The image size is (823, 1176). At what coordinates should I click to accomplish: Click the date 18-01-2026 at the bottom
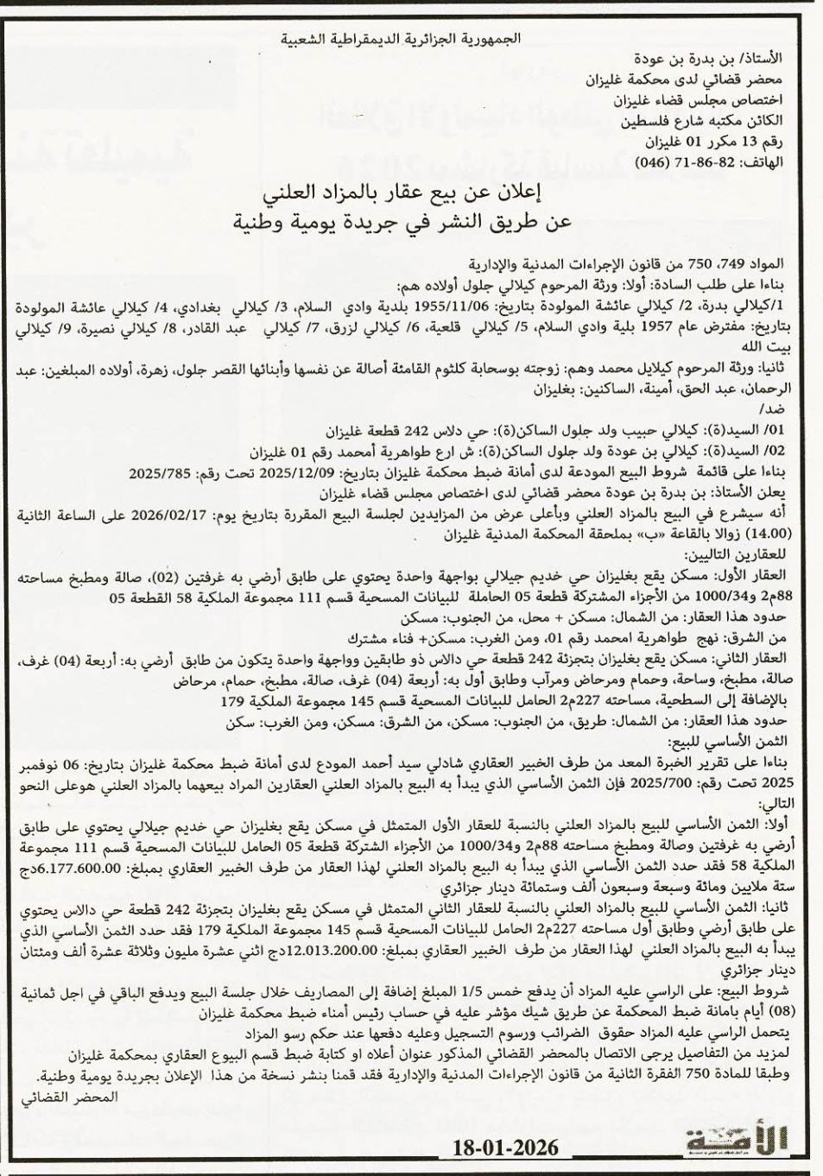(x=506, y=1147)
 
